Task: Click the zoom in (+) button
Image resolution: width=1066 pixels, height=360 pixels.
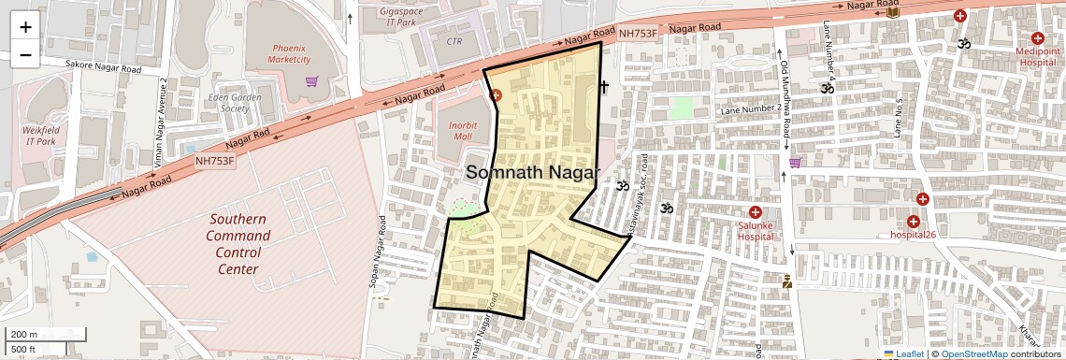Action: (x=25, y=26)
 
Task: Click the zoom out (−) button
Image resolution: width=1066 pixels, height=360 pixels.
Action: (x=25, y=54)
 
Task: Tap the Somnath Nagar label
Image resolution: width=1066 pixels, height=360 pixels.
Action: (x=533, y=173)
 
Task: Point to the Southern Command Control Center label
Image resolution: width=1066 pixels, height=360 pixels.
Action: (x=237, y=244)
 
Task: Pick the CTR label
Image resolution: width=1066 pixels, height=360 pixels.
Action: (x=454, y=41)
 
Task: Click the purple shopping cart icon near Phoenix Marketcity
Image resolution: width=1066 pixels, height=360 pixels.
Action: (x=311, y=81)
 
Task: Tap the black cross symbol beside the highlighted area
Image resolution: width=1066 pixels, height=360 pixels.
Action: (x=604, y=88)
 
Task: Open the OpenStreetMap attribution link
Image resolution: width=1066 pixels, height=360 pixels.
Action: (x=973, y=353)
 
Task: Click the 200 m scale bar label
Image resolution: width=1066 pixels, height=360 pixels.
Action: (x=24, y=335)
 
